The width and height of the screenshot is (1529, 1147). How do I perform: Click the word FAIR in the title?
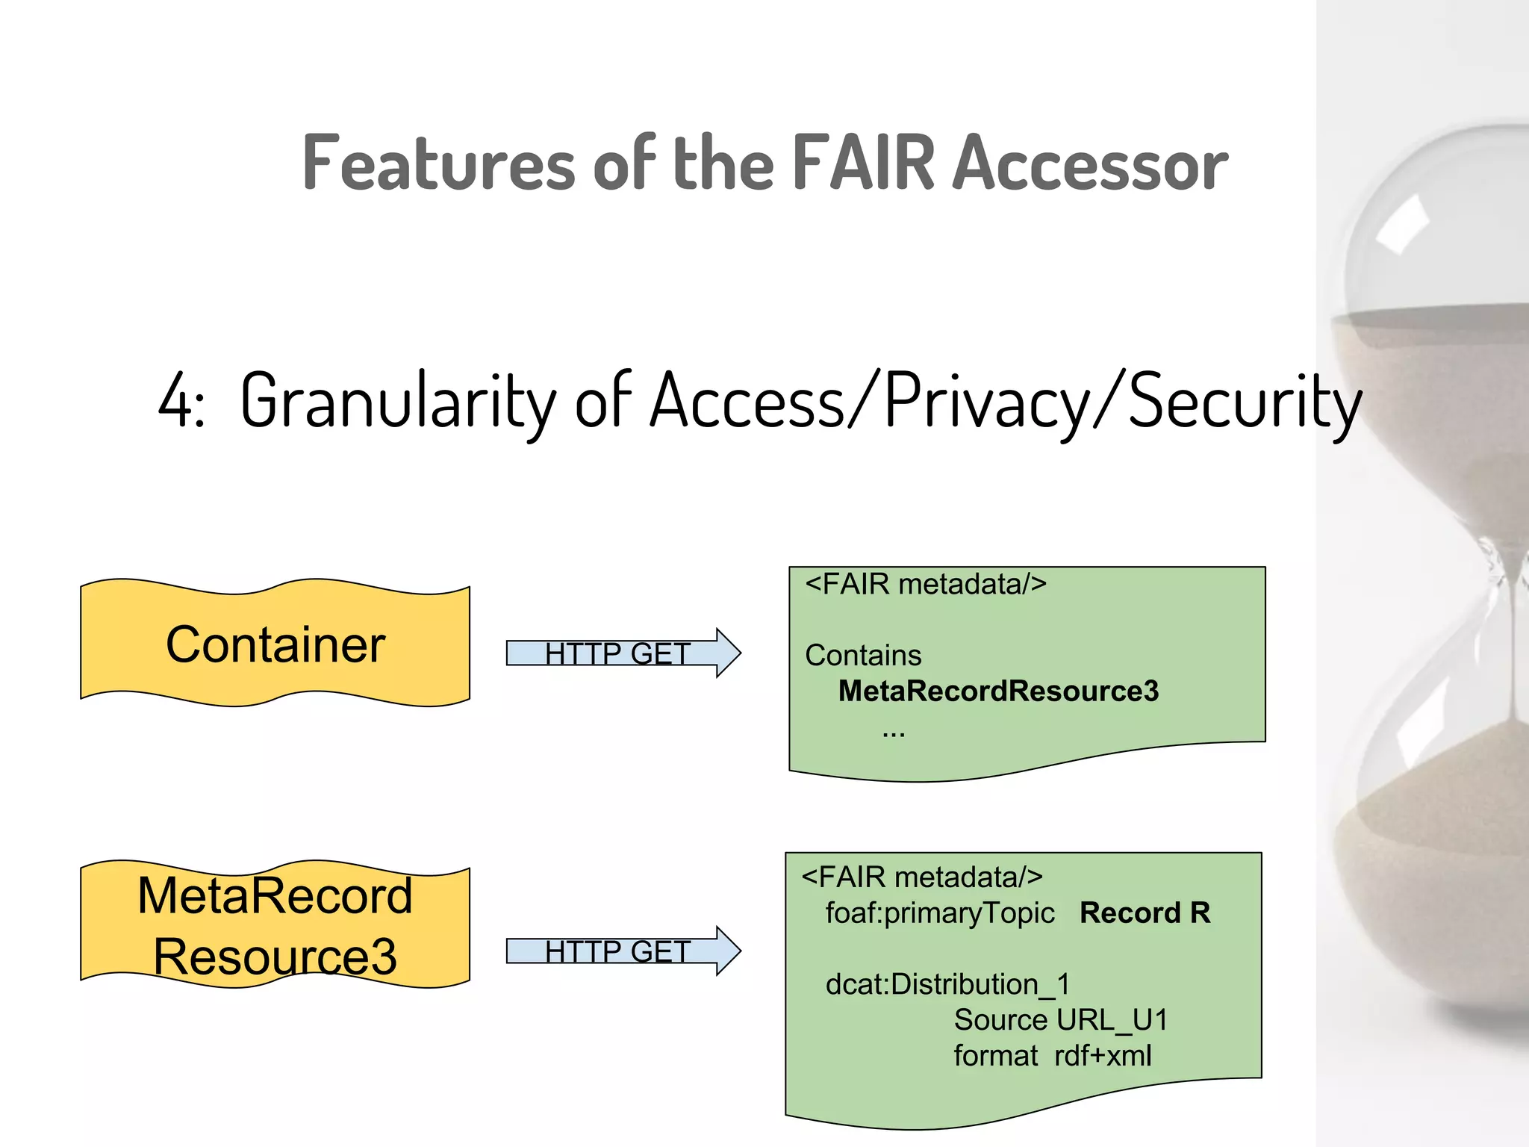coord(863,162)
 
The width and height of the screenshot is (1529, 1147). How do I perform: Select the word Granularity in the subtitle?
coord(398,402)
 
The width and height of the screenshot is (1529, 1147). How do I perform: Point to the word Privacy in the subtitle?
coord(987,402)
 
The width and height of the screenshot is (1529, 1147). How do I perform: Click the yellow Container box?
coord(275,644)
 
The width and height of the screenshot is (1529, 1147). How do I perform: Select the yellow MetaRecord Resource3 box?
coord(275,925)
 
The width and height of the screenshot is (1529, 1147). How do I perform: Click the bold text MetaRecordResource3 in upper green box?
coord(998,691)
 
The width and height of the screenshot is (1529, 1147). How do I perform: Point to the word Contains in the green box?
coord(863,656)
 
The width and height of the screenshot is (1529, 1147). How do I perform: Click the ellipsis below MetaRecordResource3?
coord(893,734)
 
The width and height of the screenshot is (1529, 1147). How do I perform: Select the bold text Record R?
coord(1145,913)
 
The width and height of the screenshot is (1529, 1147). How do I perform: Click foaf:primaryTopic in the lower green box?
coord(939,913)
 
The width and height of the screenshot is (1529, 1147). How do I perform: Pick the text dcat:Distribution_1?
coord(947,984)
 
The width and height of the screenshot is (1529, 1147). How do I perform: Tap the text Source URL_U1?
coord(1060,1020)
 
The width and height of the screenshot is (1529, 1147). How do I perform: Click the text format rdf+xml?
coord(1052,1056)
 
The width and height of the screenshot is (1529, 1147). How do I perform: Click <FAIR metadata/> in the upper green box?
coord(926,584)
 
